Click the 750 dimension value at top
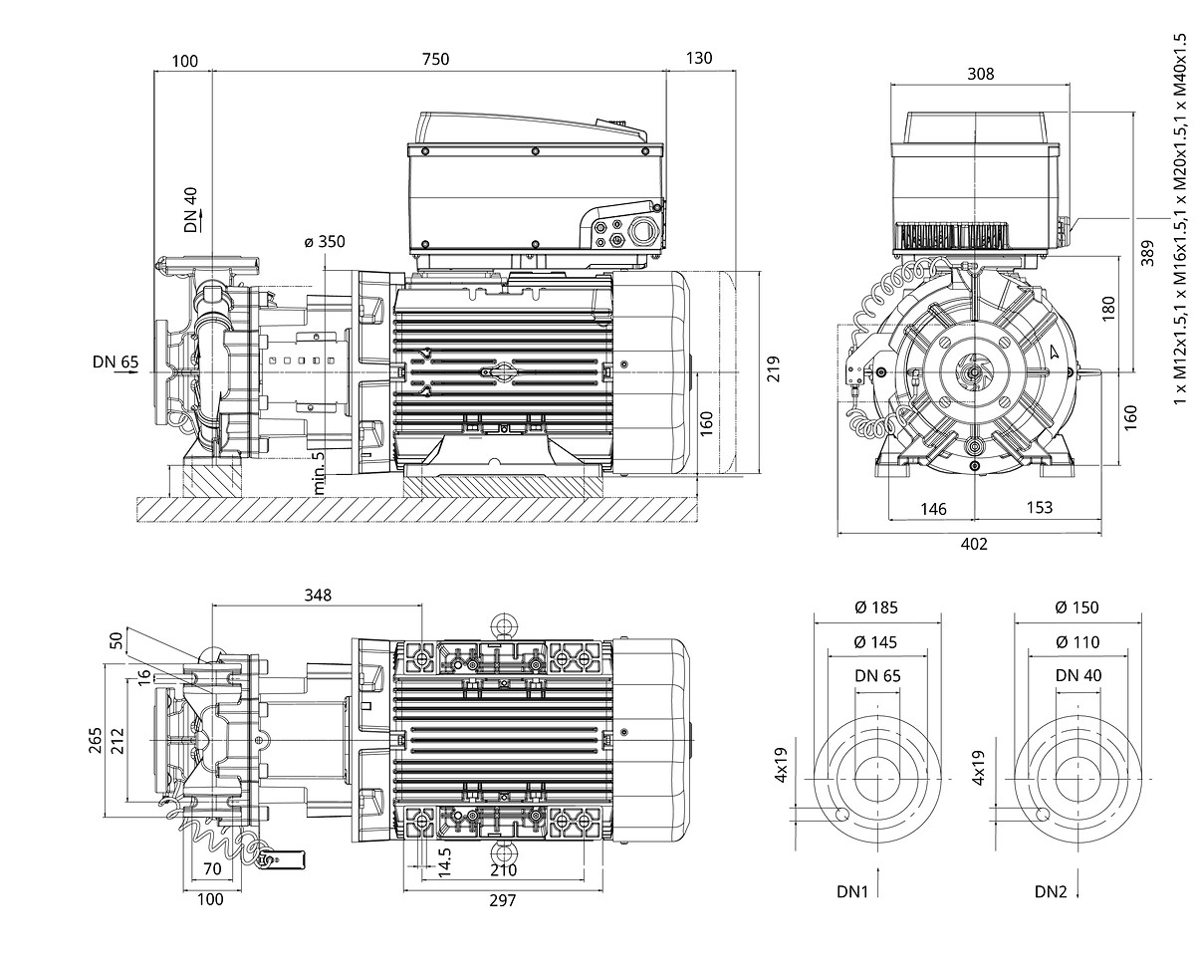coord(435,59)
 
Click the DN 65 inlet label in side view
coord(115,362)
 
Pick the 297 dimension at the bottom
coord(504,900)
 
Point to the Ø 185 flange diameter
coord(876,606)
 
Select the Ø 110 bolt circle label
coord(1078,642)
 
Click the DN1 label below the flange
coord(854,891)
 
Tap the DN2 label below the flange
coord(1051,891)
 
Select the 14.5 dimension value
coord(446,858)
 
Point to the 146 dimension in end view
coord(933,509)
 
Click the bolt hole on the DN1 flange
coord(842,813)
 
